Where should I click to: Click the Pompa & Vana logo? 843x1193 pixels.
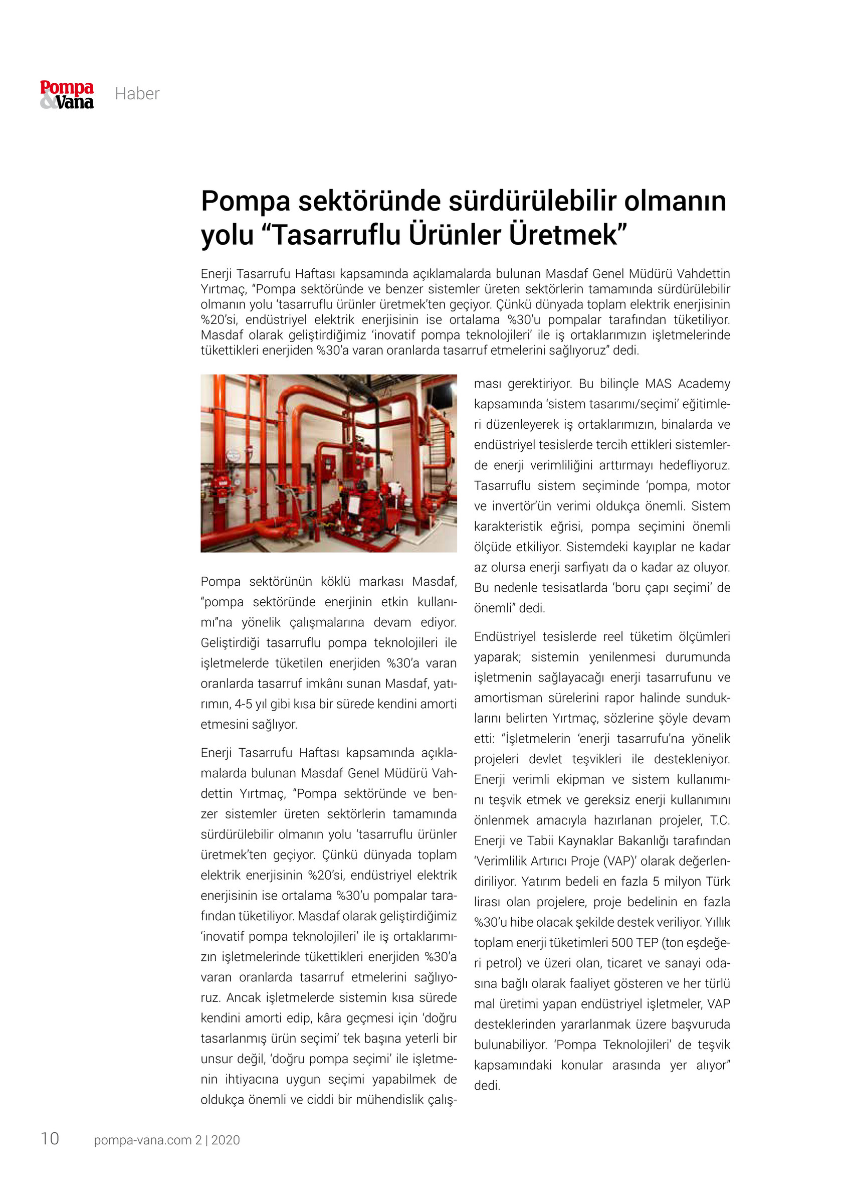tap(67, 95)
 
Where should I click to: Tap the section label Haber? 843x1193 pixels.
tap(137, 94)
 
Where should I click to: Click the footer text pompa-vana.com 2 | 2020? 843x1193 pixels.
tap(167, 1139)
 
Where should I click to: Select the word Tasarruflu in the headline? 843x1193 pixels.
tap(336, 235)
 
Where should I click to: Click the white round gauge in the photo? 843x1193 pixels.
tap(234, 456)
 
